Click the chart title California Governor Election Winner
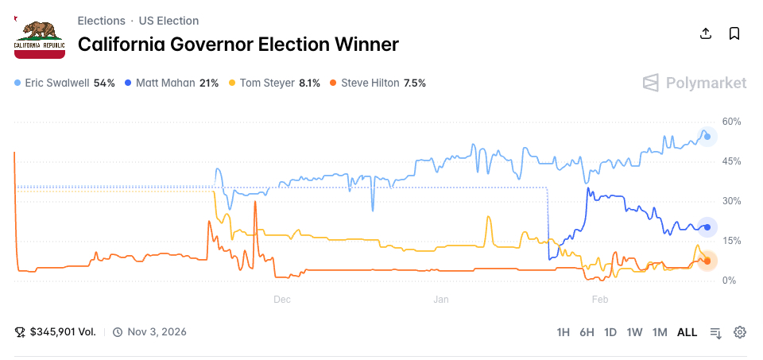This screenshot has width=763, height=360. pos(238,45)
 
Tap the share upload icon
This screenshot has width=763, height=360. pos(705,33)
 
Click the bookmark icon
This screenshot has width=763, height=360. pos(734,33)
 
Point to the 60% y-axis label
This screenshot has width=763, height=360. pos(731,122)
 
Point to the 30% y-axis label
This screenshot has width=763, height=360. pos(731,201)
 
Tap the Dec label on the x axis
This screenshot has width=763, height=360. pos(282,300)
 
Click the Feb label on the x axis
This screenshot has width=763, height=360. pos(600,300)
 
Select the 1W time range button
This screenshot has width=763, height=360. pos(634,332)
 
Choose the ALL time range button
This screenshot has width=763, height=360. pos(687,332)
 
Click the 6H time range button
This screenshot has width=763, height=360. pos(587,332)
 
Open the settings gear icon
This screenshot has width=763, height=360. pos(740,332)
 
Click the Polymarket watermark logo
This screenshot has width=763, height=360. pos(695,83)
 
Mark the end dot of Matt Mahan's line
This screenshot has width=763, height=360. pos(707,227)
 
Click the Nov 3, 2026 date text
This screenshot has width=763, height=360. pos(157,332)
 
